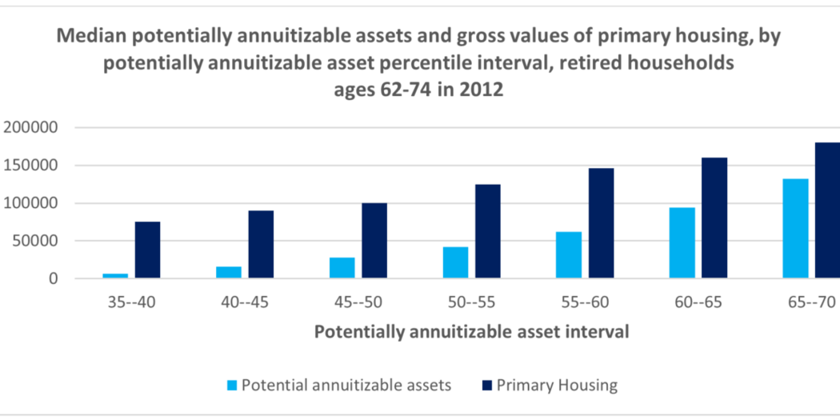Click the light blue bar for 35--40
coord(114,276)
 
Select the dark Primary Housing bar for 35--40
coord(147,250)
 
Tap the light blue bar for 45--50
coord(342,268)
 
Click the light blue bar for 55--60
coord(569,255)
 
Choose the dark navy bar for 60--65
coord(714,218)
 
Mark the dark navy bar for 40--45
coord(261,245)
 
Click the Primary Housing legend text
coord(557,386)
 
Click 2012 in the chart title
coord(479,90)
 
